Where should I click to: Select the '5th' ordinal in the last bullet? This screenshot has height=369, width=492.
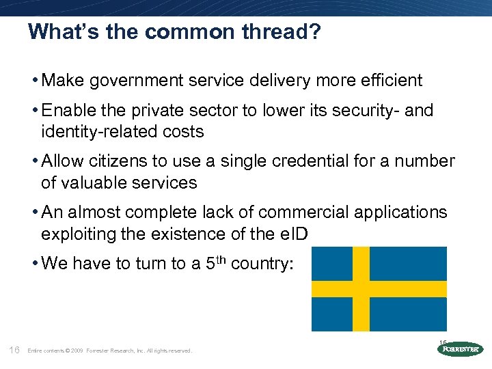[217, 264]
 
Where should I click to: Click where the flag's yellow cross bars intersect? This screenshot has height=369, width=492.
[361, 288]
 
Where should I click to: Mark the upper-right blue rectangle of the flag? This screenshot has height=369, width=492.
[408, 263]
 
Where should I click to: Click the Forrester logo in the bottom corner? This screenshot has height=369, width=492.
[460, 348]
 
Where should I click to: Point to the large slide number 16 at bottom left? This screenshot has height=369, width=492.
[13, 350]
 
